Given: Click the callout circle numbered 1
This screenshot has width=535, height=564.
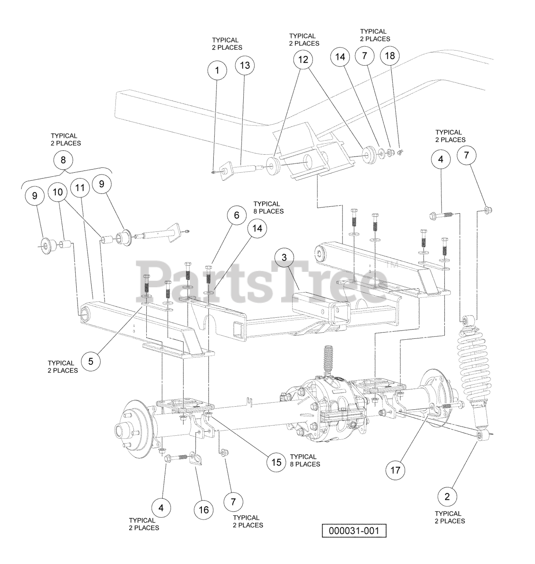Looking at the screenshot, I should click(x=217, y=70).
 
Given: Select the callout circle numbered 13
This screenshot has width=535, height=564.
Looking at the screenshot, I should click(x=245, y=66).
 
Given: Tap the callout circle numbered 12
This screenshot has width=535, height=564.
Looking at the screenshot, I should click(x=303, y=59).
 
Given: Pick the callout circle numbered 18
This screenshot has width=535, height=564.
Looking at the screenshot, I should click(x=390, y=56).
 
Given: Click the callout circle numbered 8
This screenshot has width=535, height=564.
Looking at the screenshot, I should click(x=63, y=160).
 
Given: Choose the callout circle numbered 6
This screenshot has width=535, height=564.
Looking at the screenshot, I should click(x=237, y=215).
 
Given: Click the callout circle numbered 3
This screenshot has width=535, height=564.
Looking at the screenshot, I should click(x=284, y=256).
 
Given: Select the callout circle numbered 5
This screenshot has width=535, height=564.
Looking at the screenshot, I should click(x=91, y=361).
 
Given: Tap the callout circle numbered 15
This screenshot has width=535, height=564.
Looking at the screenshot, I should click(x=276, y=462).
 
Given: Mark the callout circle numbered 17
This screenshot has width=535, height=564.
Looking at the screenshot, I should click(x=395, y=470).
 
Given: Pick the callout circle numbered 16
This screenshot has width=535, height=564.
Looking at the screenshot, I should click(x=204, y=510).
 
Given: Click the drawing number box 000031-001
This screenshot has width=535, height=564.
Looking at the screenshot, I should click(x=353, y=531).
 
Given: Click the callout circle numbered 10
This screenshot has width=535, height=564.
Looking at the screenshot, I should click(x=58, y=192).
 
